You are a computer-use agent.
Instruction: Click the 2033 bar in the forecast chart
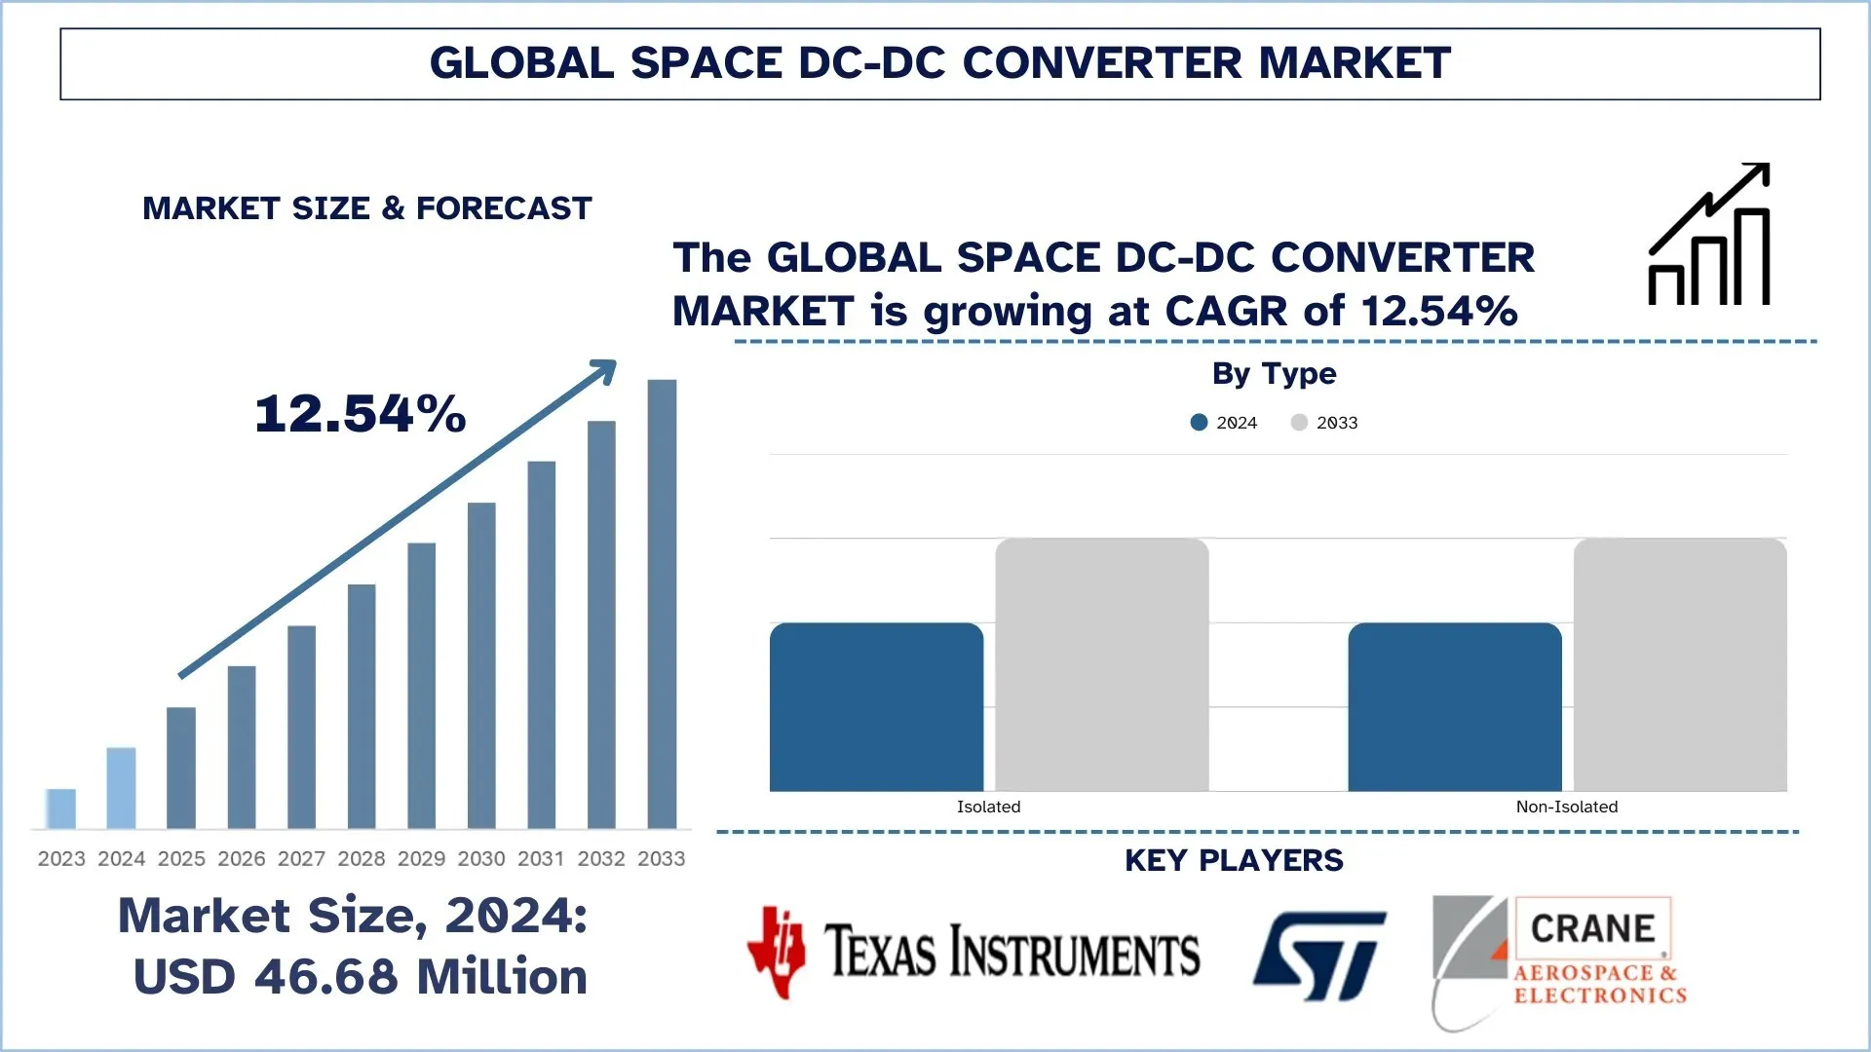click(662, 604)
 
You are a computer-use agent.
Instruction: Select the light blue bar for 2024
click(121, 788)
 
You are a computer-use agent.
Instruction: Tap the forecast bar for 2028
click(362, 706)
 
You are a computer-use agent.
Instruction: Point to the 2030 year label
click(481, 858)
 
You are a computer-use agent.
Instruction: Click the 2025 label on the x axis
click(181, 858)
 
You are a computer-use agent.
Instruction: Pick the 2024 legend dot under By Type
click(1199, 422)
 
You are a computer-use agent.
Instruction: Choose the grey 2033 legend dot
click(1299, 422)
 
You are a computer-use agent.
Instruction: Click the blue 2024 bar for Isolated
click(876, 706)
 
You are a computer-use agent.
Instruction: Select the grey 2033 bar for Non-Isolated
click(1680, 664)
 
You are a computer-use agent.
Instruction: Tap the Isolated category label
click(988, 807)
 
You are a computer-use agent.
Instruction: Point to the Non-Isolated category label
click(1566, 807)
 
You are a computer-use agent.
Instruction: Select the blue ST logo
click(1319, 956)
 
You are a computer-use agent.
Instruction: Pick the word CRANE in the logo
click(1592, 928)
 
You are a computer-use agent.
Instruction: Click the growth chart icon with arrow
click(1709, 235)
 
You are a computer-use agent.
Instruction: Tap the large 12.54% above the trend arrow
click(361, 414)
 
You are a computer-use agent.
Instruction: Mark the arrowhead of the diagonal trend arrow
click(606, 369)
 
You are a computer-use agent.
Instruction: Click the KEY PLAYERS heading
click(1234, 860)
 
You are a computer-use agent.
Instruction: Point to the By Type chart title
click(1274, 373)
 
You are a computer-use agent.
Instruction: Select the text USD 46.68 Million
click(361, 976)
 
